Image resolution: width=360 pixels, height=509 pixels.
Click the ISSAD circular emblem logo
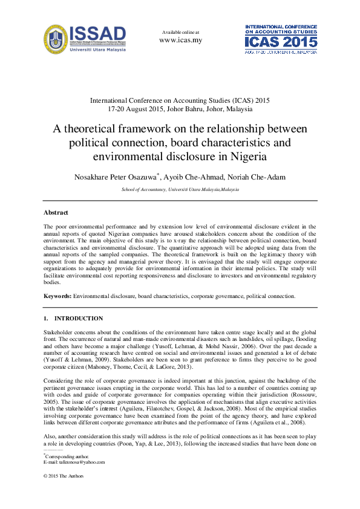pos(56,39)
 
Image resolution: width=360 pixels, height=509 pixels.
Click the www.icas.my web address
pos(180,41)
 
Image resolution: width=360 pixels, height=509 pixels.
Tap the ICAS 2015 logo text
pos(281,42)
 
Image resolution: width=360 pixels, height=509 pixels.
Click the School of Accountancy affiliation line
pos(180,190)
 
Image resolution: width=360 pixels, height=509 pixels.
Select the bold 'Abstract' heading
pos(56,212)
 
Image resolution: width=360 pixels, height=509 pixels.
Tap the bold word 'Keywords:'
pos(57,296)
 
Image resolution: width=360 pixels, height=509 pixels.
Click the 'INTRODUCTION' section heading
pos(79,319)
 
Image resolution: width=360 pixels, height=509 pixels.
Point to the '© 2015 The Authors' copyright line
pos(64,476)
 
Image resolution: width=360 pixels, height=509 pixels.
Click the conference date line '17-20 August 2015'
pos(180,109)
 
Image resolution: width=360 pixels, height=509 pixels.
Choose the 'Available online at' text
pos(180,31)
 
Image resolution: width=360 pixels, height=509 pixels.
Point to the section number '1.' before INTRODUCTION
pos(46,319)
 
